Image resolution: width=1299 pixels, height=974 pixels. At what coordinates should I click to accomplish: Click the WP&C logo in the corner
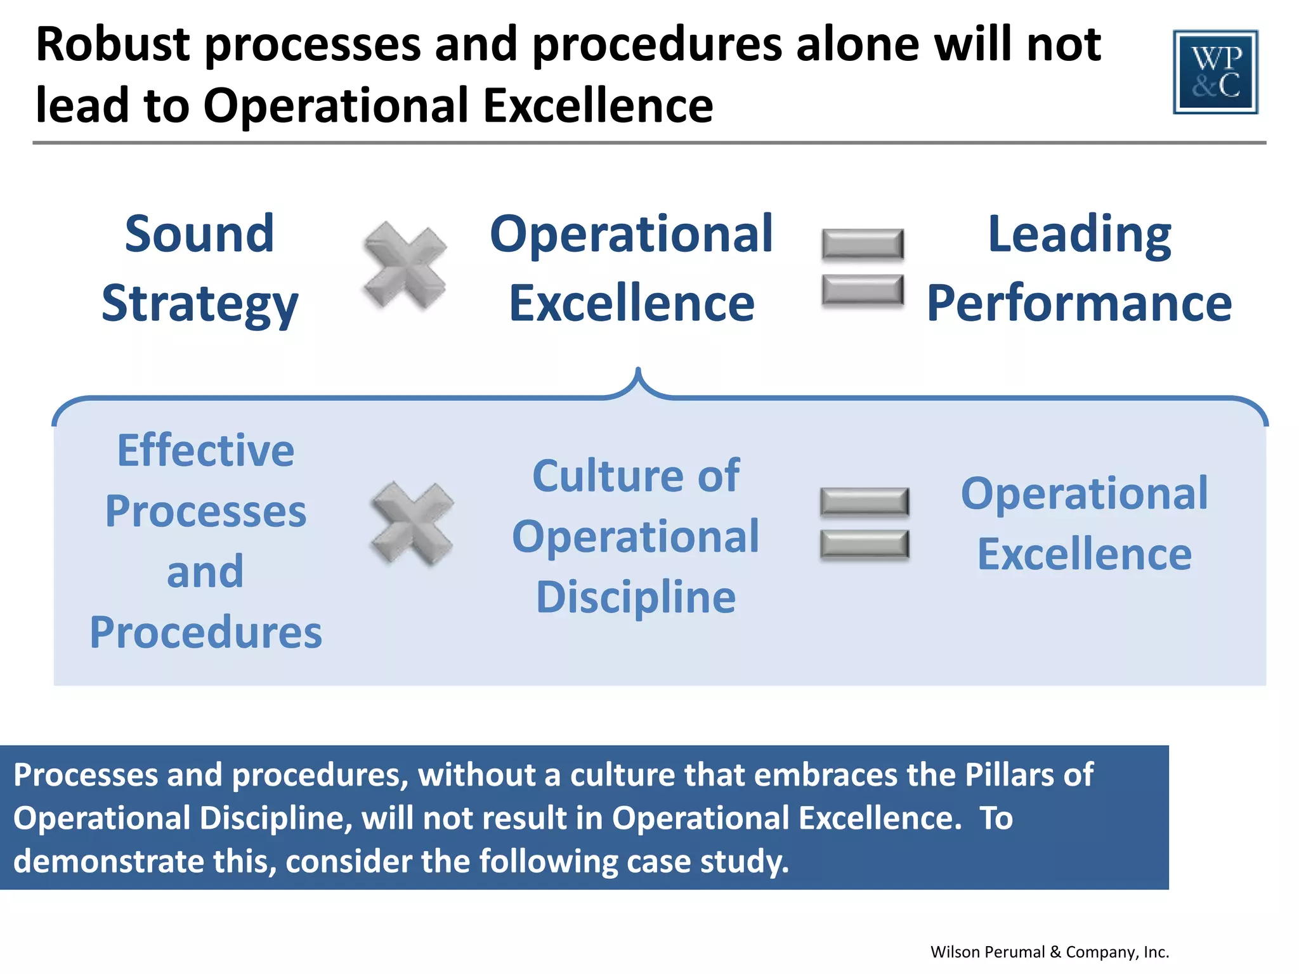tap(1215, 72)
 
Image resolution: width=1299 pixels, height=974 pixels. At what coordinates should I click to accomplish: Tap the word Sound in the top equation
tap(199, 234)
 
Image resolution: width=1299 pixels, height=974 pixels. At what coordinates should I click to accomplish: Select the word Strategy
tap(199, 304)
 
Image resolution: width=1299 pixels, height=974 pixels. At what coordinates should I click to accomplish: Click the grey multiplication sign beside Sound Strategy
tap(405, 265)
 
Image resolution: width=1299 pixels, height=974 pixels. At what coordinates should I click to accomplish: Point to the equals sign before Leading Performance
tap(863, 267)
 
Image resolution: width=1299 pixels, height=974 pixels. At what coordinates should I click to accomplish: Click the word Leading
tap(1079, 234)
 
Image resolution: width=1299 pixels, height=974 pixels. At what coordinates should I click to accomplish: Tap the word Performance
tap(1079, 304)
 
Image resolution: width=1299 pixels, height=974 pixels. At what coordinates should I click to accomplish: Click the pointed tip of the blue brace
tap(638, 370)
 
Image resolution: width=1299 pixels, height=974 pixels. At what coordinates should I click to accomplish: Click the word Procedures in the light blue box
tap(206, 632)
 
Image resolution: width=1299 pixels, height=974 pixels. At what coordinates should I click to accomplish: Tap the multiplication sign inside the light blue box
tap(412, 523)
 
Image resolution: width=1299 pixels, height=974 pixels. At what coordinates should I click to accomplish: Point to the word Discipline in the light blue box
tap(636, 597)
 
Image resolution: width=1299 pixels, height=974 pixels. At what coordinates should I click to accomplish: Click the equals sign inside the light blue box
tap(864, 524)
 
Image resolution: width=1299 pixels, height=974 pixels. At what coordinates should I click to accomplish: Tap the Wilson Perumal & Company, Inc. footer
tap(1049, 952)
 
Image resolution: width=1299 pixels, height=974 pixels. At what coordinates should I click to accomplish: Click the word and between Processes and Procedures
tap(205, 571)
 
